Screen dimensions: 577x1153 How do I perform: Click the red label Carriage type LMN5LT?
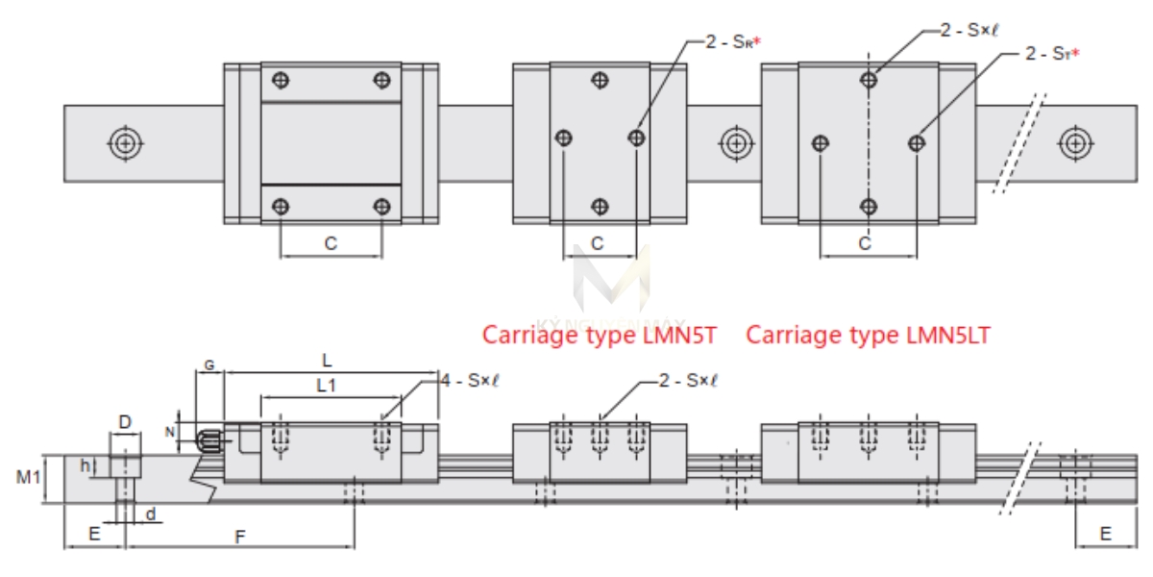[x=868, y=335]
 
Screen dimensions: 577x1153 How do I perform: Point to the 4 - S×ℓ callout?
[x=469, y=381]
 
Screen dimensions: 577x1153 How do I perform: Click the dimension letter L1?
[x=328, y=385]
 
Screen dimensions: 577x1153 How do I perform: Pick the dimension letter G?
[x=209, y=365]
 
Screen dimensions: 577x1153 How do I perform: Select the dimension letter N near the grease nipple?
[x=171, y=432]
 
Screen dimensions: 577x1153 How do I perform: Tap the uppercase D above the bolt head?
[x=124, y=421]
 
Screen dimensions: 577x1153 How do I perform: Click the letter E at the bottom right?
[x=1106, y=534]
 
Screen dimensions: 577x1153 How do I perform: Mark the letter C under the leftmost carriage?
[x=331, y=244]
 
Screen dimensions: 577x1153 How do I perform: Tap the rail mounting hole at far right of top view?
[x=1073, y=143]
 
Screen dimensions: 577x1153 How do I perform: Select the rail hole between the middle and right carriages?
[x=736, y=143]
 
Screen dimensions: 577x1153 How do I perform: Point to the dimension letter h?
[x=86, y=466]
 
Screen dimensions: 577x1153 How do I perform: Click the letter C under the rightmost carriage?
[x=865, y=244]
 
